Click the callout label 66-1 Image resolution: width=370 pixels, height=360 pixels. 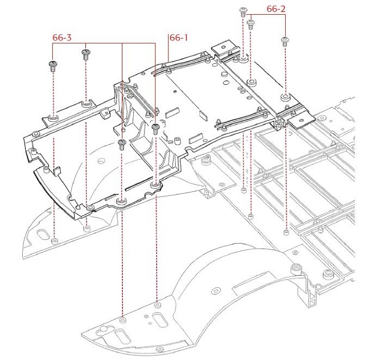click(x=178, y=38)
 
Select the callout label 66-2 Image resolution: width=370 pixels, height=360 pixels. click(x=277, y=9)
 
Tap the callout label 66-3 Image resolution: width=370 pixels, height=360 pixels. click(x=62, y=38)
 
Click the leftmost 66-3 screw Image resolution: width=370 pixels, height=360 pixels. click(x=52, y=65)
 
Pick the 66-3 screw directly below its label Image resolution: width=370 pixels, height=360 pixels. click(x=86, y=55)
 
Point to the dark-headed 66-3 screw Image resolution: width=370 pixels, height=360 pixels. click(x=155, y=127)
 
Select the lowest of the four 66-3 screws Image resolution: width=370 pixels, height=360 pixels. click(x=121, y=144)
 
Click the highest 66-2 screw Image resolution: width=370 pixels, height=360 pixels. click(x=243, y=11)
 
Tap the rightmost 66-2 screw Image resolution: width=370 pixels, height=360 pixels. click(x=285, y=40)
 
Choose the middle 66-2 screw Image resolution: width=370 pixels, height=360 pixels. click(x=251, y=24)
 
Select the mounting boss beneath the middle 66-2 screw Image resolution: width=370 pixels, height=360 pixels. click(x=251, y=82)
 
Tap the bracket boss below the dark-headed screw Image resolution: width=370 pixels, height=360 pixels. click(x=155, y=186)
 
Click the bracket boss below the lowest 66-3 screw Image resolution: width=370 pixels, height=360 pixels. click(x=121, y=201)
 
